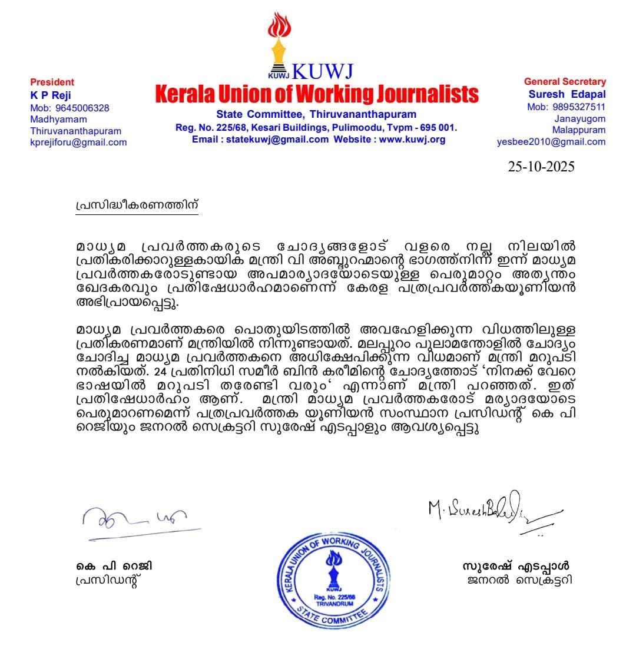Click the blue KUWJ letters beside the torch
[322, 71]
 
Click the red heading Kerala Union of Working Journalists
[317, 94]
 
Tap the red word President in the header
[52, 82]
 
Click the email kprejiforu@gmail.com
[78, 142]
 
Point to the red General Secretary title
[565, 82]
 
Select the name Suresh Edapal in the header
[567, 94]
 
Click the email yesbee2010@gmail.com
[551, 141]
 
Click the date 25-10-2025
[541, 166]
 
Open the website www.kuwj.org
[412, 140]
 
